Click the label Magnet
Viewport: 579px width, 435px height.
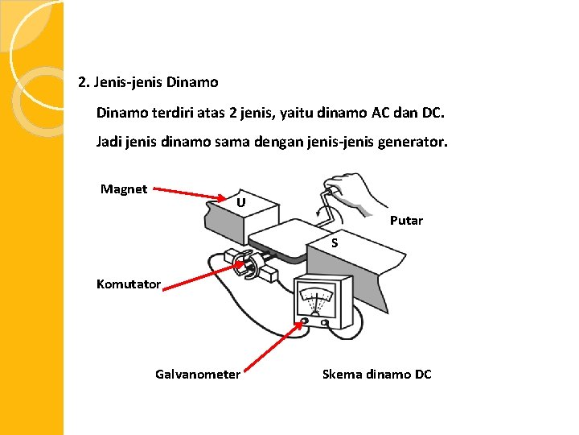[x=124, y=189]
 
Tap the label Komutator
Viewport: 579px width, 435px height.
[x=129, y=284]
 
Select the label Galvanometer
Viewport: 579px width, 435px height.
[x=198, y=374]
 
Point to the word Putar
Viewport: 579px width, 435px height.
[x=406, y=221]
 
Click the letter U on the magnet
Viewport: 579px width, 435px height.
[x=241, y=202]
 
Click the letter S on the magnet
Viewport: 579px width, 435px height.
[x=335, y=242]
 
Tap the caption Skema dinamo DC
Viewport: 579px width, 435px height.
[x=376, y=374]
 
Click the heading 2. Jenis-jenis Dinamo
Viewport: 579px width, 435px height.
[x=148, y=82]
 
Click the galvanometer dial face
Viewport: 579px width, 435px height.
[x=319, y=300]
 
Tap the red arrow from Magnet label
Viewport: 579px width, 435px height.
[x=191, y=194]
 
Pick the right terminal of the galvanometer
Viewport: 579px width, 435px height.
[x=324, y=322]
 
